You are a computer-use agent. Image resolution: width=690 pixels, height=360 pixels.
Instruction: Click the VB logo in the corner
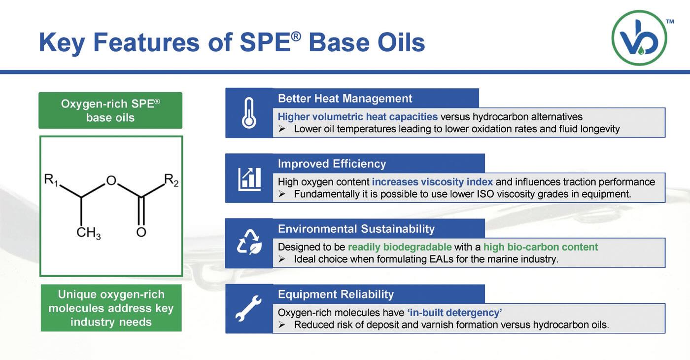coord(640,37)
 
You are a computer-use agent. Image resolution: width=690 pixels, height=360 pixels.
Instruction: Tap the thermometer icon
coord(249,113)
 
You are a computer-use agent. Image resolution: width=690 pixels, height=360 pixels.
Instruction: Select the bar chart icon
coord(249,179)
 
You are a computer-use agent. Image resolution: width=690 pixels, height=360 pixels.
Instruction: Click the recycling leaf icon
coord(249,242)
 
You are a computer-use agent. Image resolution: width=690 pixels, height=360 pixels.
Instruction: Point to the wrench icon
coord(248,308)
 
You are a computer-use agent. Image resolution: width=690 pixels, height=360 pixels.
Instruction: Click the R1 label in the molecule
coord(51,180)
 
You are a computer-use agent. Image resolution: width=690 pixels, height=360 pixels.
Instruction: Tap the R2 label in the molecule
coord(172,180)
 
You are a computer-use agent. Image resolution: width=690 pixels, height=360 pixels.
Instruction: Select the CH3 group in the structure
coord(88,233)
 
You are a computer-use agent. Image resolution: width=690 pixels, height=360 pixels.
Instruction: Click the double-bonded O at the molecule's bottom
coord(141,232)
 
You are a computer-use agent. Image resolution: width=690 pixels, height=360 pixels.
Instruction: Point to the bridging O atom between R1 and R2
coord(111,180)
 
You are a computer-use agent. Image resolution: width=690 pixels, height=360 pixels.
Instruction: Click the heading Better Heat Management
coord(345,99)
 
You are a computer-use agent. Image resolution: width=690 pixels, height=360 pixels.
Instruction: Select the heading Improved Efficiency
coord(332,164)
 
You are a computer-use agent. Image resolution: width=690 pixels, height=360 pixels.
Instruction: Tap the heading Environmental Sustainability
coord(356,229)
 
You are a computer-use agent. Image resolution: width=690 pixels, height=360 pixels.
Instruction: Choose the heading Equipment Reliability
coord(336,294)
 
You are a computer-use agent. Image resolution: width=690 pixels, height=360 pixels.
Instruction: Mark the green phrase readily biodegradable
coord(400,247)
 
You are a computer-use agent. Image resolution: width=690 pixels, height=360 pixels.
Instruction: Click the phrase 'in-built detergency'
coord(454,313)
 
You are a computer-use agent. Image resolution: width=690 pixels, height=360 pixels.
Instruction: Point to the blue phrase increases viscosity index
coord(432,182)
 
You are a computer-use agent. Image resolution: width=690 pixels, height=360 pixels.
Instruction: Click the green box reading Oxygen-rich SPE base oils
coord(110,110)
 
